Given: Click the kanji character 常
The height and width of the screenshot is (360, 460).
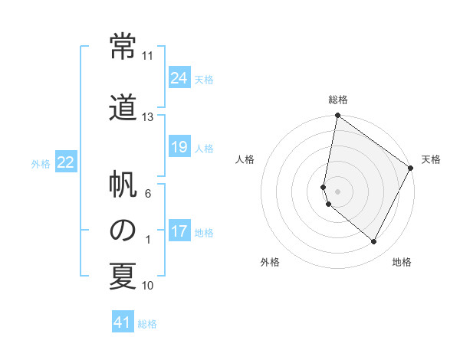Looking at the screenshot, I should click(x=123, y=48).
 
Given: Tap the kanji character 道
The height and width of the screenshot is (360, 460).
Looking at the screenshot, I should click(x=123, y=106).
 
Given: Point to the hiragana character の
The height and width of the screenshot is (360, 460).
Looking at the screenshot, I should click(x=123, y=231).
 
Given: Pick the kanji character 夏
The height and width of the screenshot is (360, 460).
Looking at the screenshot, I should click(x=123, y=276).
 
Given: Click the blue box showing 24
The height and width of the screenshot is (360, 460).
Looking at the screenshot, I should click(x=179, y=78).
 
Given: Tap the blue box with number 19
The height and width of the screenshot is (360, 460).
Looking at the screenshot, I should click(x=179, y=147).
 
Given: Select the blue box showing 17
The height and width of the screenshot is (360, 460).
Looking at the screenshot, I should click(x=179, y=231).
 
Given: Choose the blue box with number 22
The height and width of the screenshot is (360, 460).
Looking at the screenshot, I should click(x=66, y=162).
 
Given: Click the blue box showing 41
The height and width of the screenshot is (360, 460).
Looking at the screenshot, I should click(x=123, y=323).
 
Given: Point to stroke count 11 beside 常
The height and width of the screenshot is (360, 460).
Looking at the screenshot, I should click(x=148, y=56).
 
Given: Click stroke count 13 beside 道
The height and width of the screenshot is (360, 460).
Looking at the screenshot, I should click(x=148, y=116).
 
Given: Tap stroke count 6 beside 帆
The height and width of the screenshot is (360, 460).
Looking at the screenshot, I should click(x=148, y=194).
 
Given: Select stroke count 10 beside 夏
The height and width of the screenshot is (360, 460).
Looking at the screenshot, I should click(x=148, y=286).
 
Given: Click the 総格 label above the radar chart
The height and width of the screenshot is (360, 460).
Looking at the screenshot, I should click(x=338, y=100).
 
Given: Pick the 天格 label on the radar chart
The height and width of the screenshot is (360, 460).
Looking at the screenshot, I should click(x=431, y=159).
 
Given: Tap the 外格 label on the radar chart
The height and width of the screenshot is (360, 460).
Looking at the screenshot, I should click(x=270, y=262).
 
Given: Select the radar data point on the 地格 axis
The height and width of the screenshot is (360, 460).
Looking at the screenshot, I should click(x=374, y=242).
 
